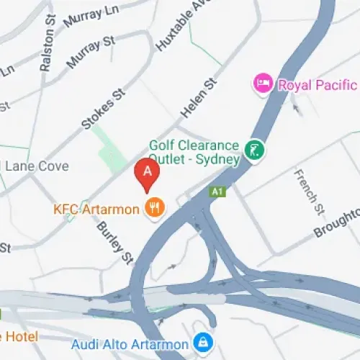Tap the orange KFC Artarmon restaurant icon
pos(154,209)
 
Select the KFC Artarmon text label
pos(96,210)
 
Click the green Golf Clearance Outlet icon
pos(254,150)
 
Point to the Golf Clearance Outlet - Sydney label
pos(194,151)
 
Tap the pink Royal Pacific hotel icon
pos(263,84)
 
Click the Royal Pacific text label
pos(318,85)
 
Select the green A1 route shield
pos(216,192)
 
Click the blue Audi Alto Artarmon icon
pos(204,342)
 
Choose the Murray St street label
pos(91,53)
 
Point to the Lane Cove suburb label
pos(37,166)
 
